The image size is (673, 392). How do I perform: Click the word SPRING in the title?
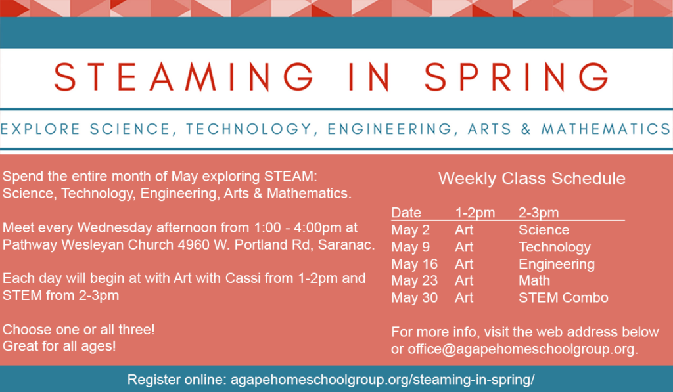coord(517,77)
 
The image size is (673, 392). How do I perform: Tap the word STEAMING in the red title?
coord(184,77)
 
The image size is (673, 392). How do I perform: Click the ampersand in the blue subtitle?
coord(526,129)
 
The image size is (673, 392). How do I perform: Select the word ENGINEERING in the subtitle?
coord(389,129)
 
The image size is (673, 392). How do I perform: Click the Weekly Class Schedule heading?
coord(532,179)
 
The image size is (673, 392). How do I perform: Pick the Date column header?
coord(406,213)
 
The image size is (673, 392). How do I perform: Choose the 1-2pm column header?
coord(475,213)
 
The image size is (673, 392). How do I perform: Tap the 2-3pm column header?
coord(539,213)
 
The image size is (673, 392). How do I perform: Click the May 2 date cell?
coord(410,230)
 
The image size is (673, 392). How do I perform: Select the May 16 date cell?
coord(414,264)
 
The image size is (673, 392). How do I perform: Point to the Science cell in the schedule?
coord(544,230)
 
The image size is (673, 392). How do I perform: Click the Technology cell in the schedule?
coord(555,248)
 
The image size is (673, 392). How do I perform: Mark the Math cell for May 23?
coord(534,280)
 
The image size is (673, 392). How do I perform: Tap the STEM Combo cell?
coord(563,297)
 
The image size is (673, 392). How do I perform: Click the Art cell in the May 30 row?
coord(464,297)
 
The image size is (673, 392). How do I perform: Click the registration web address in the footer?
coord(383,380)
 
